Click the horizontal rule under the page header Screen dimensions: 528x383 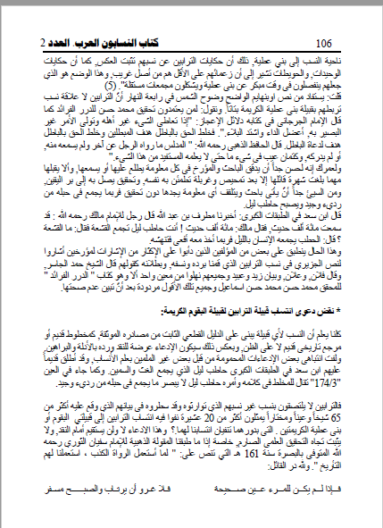191,28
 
